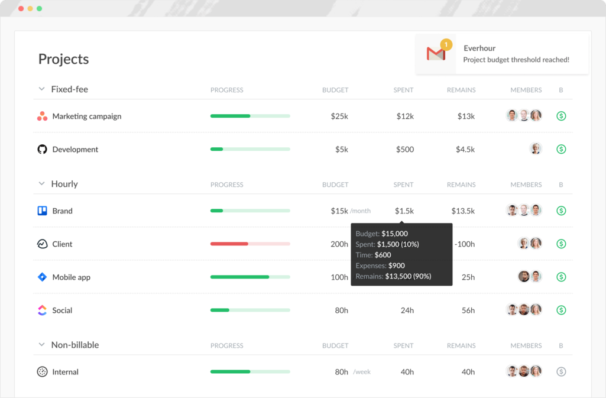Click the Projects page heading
coord(63,59)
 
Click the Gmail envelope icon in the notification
coord(436,54)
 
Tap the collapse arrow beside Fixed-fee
coord(41,89)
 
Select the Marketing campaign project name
coord(86,117)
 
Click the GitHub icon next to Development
coord(42,150)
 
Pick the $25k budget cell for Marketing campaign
coord(339,117)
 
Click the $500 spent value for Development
coord(404,150)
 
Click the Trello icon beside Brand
coord(42,211)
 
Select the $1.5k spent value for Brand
coord(404,211)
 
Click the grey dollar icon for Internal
coord(561,372)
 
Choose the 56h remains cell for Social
coord(468,310)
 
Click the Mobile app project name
coord(71,277)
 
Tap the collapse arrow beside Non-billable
coord(41,345)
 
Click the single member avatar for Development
coord(536,149)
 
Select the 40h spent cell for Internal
coord(407,372)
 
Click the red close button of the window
coord(21,9)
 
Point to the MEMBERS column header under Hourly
coord(526,185)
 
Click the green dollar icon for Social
coord(561,310)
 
